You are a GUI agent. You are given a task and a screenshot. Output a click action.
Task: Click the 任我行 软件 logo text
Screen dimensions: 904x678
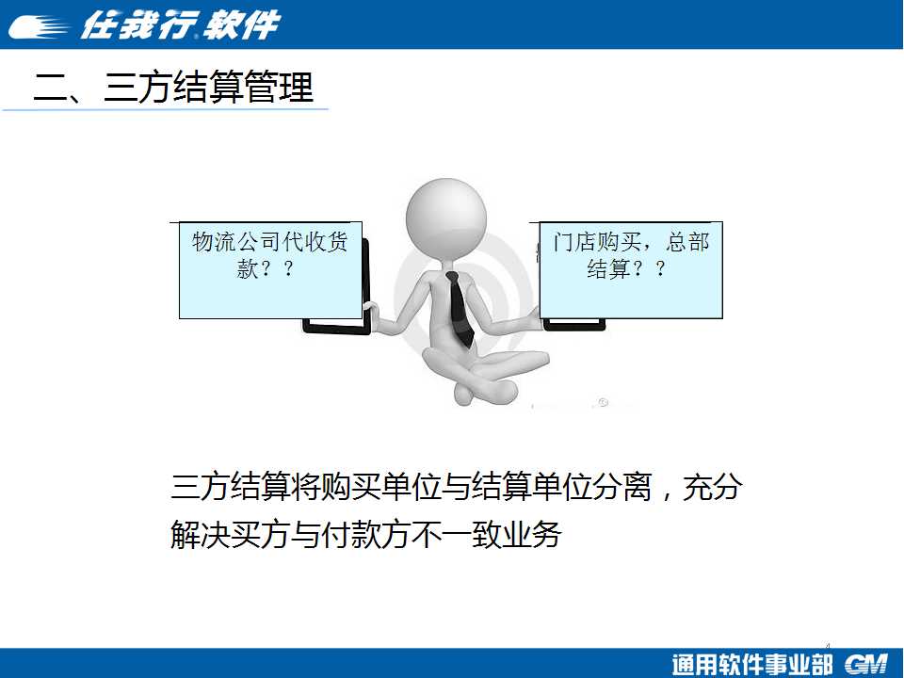pyautogui.click(x=180, y=25)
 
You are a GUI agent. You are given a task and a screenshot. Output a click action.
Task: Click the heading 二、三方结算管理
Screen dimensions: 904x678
pyautogui.click(x=173, y=87)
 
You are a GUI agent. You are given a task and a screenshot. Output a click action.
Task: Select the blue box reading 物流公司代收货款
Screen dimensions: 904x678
pyautogui.click(x=270, y=270)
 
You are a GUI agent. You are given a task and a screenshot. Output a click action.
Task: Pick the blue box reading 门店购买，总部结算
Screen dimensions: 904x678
pyautogui.click(x=631, y=270)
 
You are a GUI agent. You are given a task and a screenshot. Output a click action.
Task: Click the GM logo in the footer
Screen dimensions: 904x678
pyautogui.click(x=866, y=664)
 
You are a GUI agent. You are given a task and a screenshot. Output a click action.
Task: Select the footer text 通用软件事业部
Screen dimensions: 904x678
pyautogui.click(x=751, y=664)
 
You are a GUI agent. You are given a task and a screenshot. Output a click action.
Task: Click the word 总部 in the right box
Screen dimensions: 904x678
pyautogui.click(x=687, y=242)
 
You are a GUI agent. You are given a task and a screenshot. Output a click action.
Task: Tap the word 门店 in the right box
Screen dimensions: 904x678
pyautogui.click(x=574, y=242)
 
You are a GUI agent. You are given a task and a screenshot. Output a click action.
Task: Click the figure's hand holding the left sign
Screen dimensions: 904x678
pyautogui.click(x=371, y=315)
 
